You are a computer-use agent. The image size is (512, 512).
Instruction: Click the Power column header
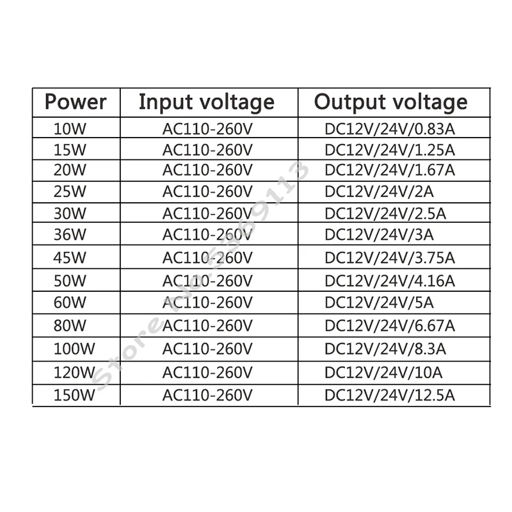click(75, 102)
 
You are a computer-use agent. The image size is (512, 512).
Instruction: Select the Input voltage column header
click(206, 102)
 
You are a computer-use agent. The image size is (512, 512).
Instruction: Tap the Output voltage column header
click(391, 102)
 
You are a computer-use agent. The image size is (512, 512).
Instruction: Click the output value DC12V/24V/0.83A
click(390, 129)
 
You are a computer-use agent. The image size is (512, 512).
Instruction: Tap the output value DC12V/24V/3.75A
click(390, 257)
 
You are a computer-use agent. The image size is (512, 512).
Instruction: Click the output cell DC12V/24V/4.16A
click(390, 280)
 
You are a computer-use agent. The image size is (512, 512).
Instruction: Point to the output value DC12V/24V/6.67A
click(390, 325)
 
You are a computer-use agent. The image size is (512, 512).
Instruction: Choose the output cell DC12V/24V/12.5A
click(390, 394)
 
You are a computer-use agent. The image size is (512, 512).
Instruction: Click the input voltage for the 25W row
click(208, 191)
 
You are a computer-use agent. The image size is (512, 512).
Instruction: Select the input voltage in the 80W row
click(208, 325)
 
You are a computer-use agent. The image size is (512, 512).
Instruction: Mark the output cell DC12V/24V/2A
click(371, 191)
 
